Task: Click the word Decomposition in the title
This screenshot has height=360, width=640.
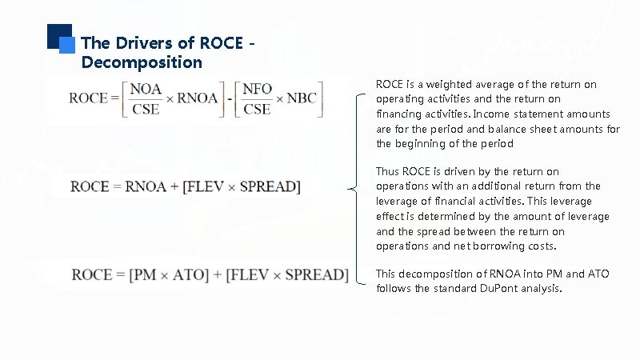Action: (142, 62)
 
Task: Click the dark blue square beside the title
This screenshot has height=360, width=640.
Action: (58, 36)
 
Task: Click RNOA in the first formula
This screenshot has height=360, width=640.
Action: (198, 98)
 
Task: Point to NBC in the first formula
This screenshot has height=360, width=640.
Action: (302, 98)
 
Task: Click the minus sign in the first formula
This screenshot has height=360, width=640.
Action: (229, 98)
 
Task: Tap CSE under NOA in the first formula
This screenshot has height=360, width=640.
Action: (145, 109)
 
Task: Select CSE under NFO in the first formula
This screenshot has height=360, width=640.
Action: (257, 109)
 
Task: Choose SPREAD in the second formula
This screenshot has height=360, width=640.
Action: (268, 187)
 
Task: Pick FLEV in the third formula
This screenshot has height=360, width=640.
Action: (249, 275)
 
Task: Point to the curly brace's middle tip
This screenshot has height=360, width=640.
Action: (351, 189)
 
